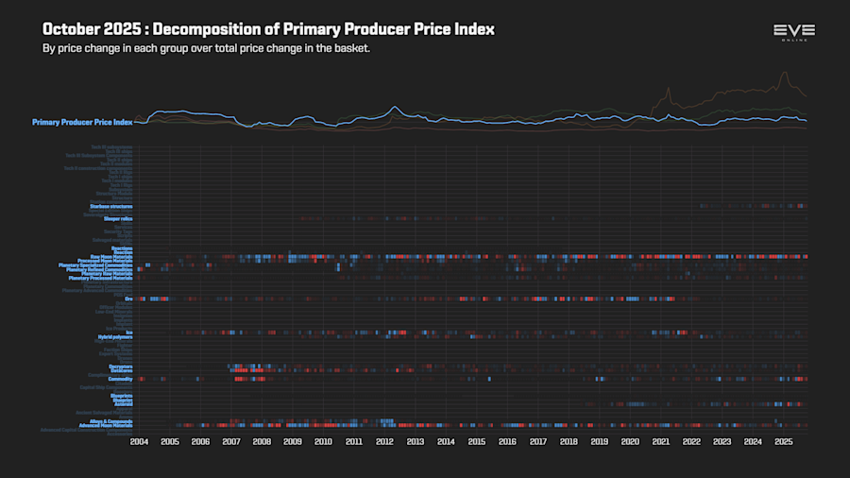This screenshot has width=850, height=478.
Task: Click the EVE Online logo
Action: tap(793, 32)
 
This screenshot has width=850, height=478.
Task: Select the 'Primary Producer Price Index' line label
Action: tap(82, 122)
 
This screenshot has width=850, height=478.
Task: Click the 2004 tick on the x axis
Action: tap(139, 441)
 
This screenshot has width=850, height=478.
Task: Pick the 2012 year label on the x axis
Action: tap(384, 441)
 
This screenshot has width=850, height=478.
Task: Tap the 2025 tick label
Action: tap(783, 441)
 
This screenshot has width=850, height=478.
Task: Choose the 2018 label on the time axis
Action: tap(569, 441)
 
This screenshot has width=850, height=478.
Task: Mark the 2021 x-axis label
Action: tap(660, 441)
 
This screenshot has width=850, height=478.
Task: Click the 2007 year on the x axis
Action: tap(230, 441)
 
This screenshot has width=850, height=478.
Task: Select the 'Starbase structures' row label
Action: tap(111, 206)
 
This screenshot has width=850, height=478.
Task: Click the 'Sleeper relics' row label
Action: tap(117, 219)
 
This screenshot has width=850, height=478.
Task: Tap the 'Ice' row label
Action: tap(129, 332)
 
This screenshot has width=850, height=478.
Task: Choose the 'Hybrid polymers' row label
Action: tap(115, 336)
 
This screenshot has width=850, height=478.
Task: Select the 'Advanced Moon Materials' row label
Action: tap(106, 425)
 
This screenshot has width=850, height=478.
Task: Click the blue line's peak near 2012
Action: tap(394, 107)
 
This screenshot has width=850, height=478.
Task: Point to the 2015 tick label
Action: tap(476, 441)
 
